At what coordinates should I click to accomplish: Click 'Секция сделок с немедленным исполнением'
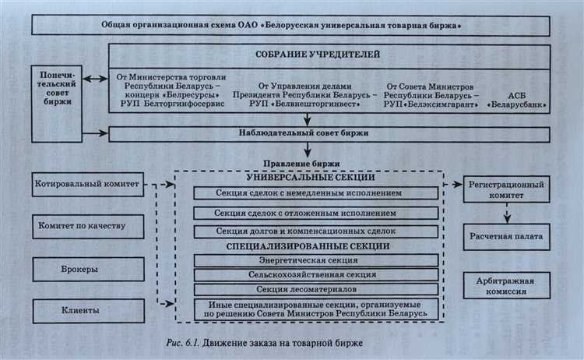tap(309, 192)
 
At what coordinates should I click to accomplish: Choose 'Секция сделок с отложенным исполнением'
tap(309, 213)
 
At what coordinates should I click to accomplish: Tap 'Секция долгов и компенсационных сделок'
tap(309, 231)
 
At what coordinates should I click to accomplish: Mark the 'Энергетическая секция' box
tap(309, 259)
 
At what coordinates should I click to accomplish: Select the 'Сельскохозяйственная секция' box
tap(309, 274)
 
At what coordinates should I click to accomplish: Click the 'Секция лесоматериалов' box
tap(309, 290)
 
